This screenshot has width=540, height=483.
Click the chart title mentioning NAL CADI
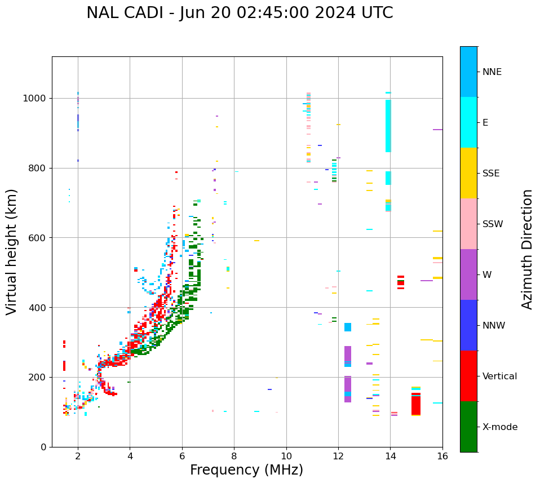tap(240, 13)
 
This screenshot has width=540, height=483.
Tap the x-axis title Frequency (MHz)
tap(246, 470)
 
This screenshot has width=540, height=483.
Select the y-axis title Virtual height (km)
tap(12, 251)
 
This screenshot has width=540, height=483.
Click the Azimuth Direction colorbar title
tap(527, 249)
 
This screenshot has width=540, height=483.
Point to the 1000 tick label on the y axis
tap(34, 98)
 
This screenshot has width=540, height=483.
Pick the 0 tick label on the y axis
tap(43, 447)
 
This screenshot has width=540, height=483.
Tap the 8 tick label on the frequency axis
tap(234, 457)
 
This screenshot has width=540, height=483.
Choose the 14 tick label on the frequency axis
tap(390, 457)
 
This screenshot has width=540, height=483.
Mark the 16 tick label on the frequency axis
tap(442, 457)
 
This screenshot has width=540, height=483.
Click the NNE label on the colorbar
tap(492, 72)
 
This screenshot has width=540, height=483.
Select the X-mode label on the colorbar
tap(499, 427)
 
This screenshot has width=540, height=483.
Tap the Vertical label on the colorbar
tap(499, 376)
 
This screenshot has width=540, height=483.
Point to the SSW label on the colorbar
tap(493, 224)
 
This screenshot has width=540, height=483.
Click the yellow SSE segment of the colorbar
tap(468, 173)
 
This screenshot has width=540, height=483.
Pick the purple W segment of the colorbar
tap(468, 274)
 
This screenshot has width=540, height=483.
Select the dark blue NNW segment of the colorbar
tap(468, 325)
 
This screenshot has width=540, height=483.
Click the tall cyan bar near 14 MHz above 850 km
tap(388, 126)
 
